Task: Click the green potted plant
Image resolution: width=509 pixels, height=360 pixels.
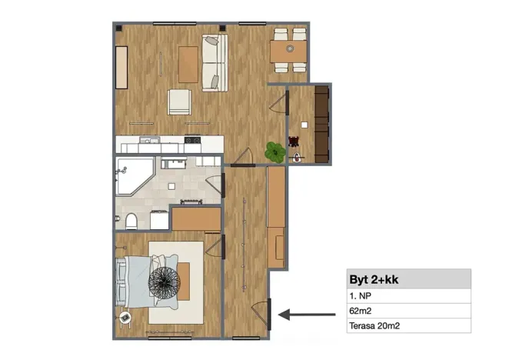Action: click(x=273, y=152)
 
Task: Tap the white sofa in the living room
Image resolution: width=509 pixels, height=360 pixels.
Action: click(x=215, y=62)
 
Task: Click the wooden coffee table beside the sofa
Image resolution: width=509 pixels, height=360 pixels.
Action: click(x=187, y=64)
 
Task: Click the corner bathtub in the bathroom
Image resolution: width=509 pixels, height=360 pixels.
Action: click(x=130, y=176)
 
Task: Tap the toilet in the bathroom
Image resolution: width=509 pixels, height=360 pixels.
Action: click(x=131, y=221)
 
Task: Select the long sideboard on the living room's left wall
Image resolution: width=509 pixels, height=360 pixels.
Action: click(x=121, y=68)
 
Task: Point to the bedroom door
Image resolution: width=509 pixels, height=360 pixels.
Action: click(x=222, y=246)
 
